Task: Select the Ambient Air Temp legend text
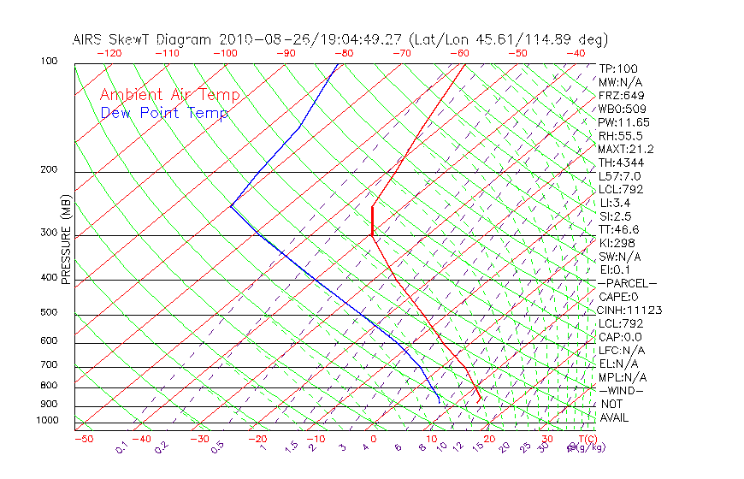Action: tap(170, 95)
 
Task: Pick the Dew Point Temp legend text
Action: tap(164, 113)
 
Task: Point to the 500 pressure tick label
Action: tap(49, 313)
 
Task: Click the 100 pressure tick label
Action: tap(49, 62)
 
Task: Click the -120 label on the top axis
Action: tap(109, 53)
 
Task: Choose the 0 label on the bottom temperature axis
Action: tap(373, 440)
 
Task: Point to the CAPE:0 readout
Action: tap(618, 297)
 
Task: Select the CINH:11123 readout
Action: tap(630, 310)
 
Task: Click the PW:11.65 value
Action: tap(625, 122)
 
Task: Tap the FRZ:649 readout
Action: tap(622, 95)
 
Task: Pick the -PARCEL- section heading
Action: tap(628, 283)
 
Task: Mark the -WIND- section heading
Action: tap(622, 390)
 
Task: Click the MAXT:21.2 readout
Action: tap(627, 149)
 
